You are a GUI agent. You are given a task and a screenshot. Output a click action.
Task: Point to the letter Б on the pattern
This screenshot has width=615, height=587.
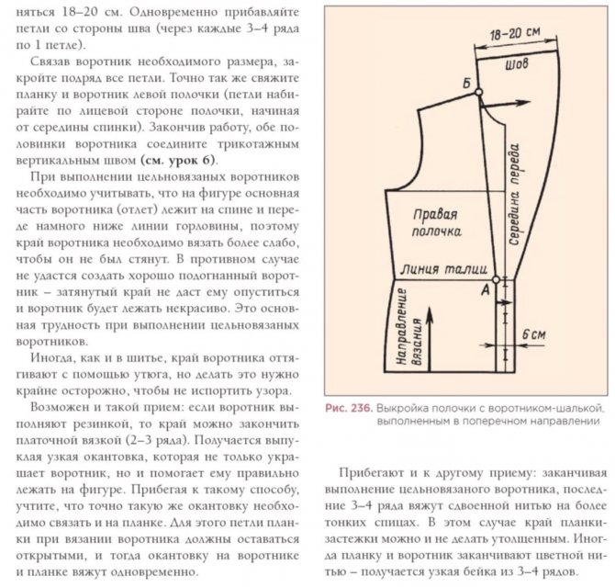click(x=467, y=84)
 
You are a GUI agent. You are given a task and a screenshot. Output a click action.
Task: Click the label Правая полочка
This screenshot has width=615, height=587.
click(x=435, y=223)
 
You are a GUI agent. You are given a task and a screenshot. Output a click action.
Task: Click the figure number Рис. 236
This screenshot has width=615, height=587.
click(x=346, y=406)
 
